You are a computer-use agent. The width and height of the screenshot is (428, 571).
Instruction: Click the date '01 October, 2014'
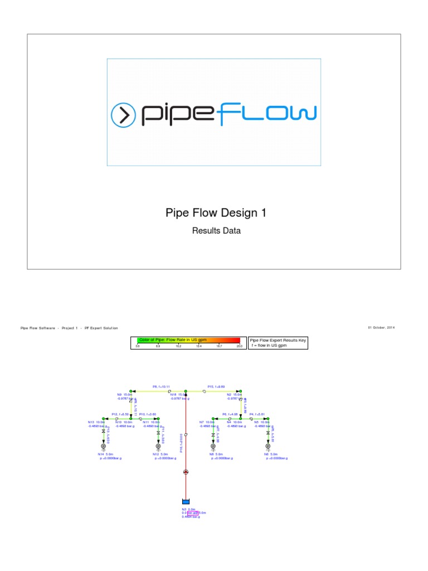384,327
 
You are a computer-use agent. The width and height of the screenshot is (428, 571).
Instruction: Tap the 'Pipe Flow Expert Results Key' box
278,342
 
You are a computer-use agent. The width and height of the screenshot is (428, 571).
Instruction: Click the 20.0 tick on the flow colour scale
239,346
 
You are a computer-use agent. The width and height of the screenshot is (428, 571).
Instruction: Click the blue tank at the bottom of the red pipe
186,502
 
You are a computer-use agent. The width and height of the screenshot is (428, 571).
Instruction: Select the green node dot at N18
186,391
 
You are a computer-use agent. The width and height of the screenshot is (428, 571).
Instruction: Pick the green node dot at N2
241,391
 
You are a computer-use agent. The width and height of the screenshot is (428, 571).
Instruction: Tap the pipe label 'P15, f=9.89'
216,386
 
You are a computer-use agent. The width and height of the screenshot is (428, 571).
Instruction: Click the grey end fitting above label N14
103,447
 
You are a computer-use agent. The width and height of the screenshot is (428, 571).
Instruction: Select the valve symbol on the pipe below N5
268,433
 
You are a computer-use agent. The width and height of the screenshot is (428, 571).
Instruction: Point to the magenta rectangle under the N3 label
192,512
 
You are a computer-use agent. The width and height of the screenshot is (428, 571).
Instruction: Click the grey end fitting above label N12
158,447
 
